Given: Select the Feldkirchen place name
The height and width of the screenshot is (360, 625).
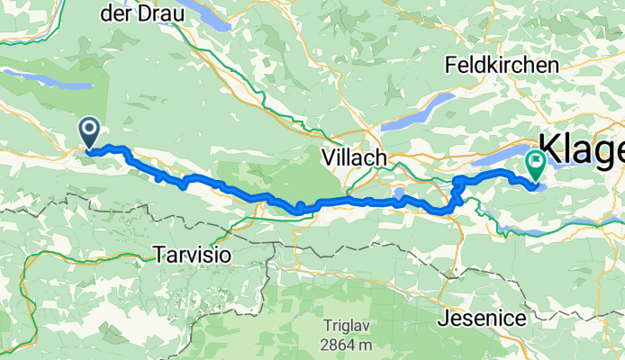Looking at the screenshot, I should coord(502,66).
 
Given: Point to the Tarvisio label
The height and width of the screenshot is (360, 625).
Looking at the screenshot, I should coord(192,255).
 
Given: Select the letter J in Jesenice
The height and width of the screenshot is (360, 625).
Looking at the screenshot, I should coord(442,318).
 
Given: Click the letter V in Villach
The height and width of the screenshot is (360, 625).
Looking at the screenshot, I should coord(328,157).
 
